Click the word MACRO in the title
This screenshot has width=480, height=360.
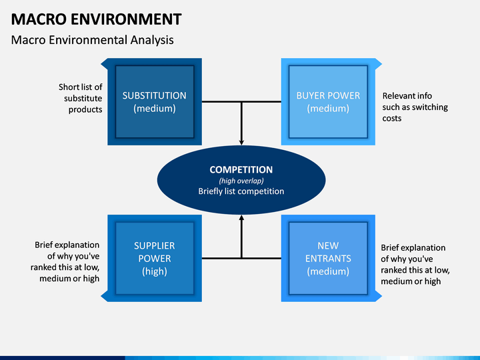[x=39, y=19]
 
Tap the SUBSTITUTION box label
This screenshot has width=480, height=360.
[x=154, y=95]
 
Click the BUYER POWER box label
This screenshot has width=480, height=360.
[x=328, y=95]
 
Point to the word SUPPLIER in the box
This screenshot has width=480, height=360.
[x=154, y=245]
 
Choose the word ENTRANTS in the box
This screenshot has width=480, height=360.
[x=328, y=259]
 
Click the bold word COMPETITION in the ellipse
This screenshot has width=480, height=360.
[x=241, y=169]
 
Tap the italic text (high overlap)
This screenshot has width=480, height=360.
[x=241, y=181]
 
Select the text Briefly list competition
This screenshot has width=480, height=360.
[x=241, y=191]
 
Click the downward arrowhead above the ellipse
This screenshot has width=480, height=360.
[x=241, y=142]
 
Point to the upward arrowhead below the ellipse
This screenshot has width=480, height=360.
[x=241, y=217]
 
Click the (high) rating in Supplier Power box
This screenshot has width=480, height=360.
[x=154, y=271]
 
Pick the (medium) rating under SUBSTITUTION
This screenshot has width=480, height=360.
[x=154, y=109]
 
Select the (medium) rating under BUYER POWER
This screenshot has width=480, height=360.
[x=328, y=109]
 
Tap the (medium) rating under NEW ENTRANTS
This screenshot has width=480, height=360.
[x=328, y=271]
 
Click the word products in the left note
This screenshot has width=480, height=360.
[x=85, y=110]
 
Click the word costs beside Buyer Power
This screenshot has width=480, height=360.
[x=392, y=119]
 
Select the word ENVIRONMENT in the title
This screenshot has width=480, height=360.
[x=126, y=19]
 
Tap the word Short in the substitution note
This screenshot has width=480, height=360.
[x=69, y=87]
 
